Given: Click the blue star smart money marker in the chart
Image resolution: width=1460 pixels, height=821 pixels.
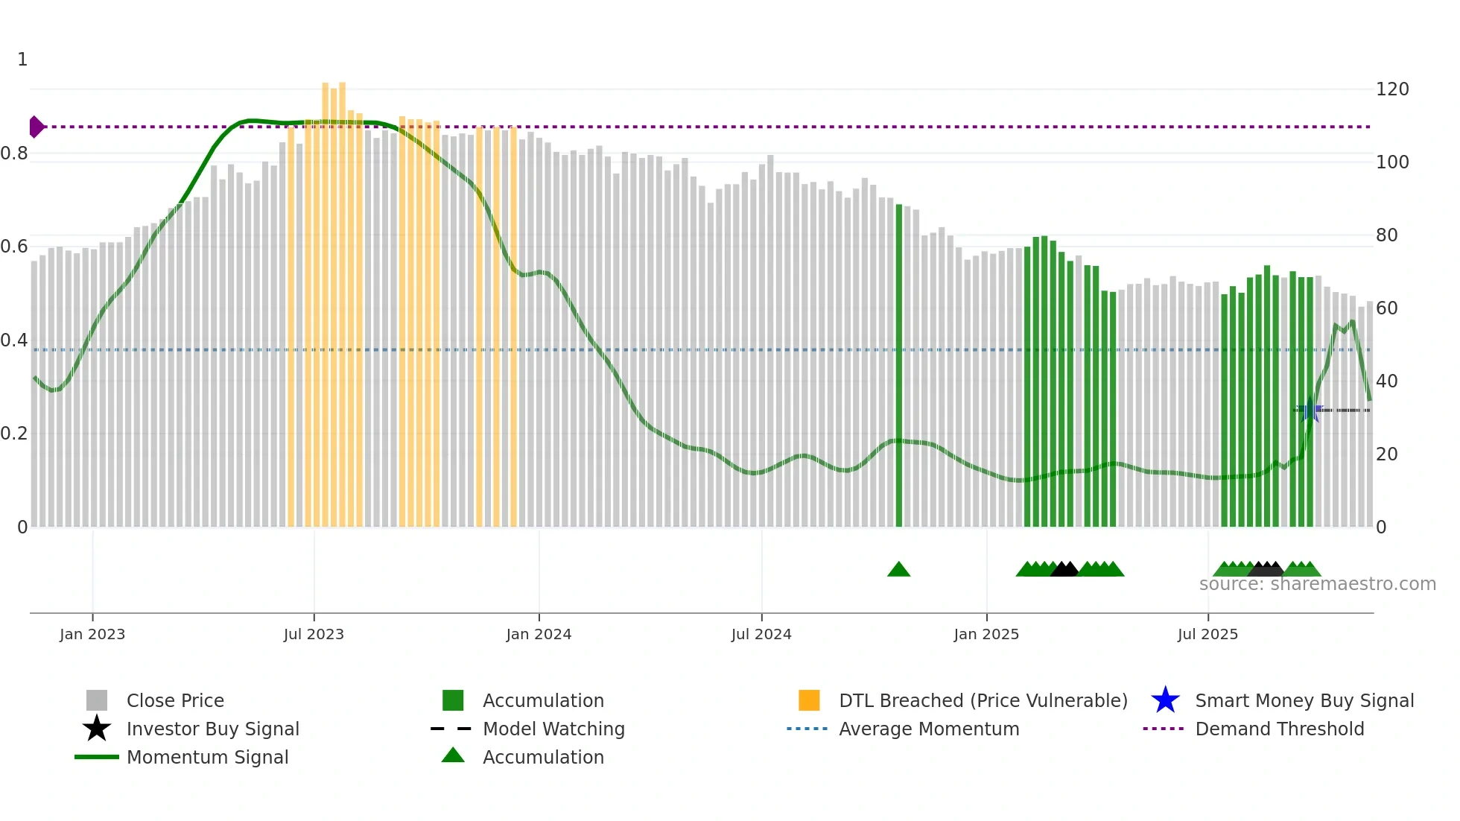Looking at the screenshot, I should click(x=1310, y=410).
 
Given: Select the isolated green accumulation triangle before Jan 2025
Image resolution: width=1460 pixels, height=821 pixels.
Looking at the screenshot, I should click(x=898, y=570).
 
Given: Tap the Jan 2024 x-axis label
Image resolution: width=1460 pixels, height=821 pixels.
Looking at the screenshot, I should click(x=539, y=634).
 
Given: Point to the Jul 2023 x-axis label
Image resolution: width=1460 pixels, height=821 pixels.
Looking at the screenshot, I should click(x=314, y=634).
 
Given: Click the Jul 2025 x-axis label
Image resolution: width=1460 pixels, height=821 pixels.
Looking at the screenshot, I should click(x=1207, y=634).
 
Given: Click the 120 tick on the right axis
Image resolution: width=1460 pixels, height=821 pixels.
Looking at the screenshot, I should click(x=1391, y=89).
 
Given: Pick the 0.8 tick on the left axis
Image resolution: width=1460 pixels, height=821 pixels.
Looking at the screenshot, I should click(x=15, y=153).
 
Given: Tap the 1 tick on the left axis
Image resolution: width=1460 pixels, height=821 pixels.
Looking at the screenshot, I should click(x=22, y=60).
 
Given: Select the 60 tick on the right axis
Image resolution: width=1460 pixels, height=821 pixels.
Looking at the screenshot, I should click(x=1386, y=308).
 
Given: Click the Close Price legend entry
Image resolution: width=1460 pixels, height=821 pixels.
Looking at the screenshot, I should click(x=175, y=700).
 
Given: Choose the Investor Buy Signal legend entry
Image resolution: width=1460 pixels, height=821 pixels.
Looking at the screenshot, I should click(x=212, y=729).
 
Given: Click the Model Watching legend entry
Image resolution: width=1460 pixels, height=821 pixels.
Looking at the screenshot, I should click(x=553, y=729).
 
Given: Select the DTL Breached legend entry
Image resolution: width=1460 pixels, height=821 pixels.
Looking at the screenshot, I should click(x=983, y=700).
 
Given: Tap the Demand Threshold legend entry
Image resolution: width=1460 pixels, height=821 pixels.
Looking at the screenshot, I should click(x=1279, y=729).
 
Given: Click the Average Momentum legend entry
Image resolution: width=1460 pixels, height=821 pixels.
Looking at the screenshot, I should click(x=929, y=729).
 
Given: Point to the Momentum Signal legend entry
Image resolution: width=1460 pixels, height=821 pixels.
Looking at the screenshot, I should click(x=207, y=757).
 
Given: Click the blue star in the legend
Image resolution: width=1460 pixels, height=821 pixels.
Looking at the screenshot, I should click(x=1165, y=700).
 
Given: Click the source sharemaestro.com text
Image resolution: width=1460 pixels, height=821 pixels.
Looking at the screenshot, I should click(x=1317, y=584).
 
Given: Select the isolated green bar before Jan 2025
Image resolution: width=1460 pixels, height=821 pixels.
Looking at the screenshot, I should click(x=898, y=365).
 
